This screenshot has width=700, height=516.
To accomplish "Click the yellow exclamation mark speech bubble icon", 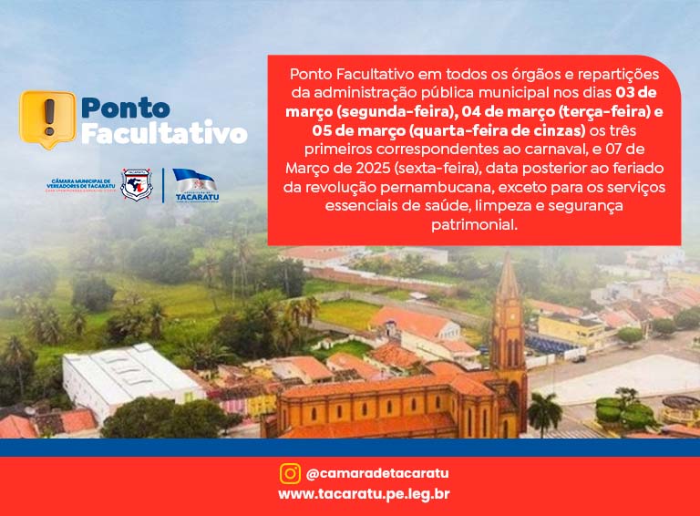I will click(x=47, y=119).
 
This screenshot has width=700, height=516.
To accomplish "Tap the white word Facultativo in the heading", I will click(x=164, y=134).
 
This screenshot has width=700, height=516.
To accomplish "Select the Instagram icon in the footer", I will click(x=290, y=473).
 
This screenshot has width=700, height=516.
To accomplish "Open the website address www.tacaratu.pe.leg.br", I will click(x=364, y=494).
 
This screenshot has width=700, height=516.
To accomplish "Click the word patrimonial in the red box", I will click(x=474, y=223).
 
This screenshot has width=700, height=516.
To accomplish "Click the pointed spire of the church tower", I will click(x=508, y=273).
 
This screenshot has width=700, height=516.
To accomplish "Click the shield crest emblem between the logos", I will click(x=137, y=184).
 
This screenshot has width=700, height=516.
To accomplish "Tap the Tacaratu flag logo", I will click(x=194, y=185).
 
